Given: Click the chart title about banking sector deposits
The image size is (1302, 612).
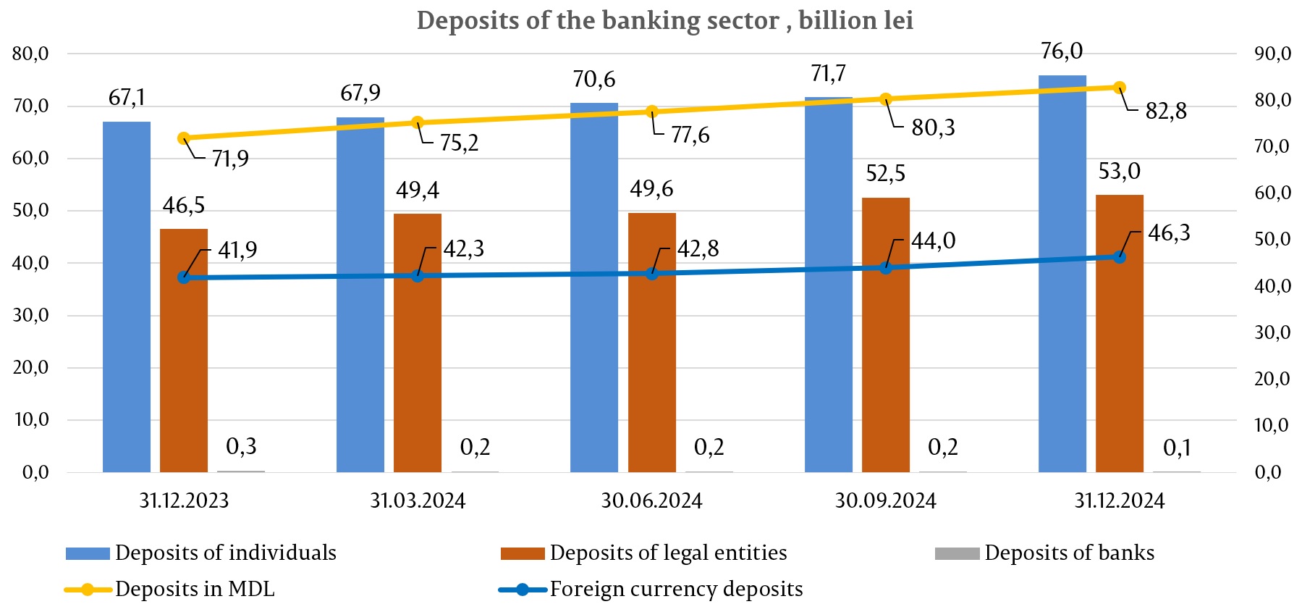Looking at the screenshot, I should click(664, 20).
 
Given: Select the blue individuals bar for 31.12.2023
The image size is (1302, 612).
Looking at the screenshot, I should click(127, 297).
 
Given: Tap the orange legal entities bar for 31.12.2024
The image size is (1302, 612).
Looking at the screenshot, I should click(1119, 333).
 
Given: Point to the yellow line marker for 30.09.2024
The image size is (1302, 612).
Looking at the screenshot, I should click(886, 99).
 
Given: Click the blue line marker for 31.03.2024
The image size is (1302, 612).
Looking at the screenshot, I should click(418, 276).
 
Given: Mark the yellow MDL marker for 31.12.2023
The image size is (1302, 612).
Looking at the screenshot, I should click(184, 138).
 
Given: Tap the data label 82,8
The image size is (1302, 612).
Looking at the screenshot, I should click(1166, 111).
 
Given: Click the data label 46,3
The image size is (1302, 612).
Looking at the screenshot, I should click(1169, 233).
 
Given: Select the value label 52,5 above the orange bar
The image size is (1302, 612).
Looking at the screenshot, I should click(886, 174).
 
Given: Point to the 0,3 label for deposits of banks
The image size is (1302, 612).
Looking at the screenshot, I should click(241, 446).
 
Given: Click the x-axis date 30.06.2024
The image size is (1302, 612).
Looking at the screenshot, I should click(651, 500).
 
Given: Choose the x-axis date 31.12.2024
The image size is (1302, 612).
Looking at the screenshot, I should click(1119, 500).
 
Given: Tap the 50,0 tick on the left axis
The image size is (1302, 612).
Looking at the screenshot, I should click(30, 211).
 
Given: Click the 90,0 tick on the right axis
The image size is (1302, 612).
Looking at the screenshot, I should click(1273, 54).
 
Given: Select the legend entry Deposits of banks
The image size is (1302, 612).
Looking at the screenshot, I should click(1068, 553).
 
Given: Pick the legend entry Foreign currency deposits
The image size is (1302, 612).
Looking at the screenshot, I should click(675, 589).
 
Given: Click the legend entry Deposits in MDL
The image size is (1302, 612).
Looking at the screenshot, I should click(195, 589).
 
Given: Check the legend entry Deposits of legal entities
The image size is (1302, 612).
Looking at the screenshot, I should click(667, 553).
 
